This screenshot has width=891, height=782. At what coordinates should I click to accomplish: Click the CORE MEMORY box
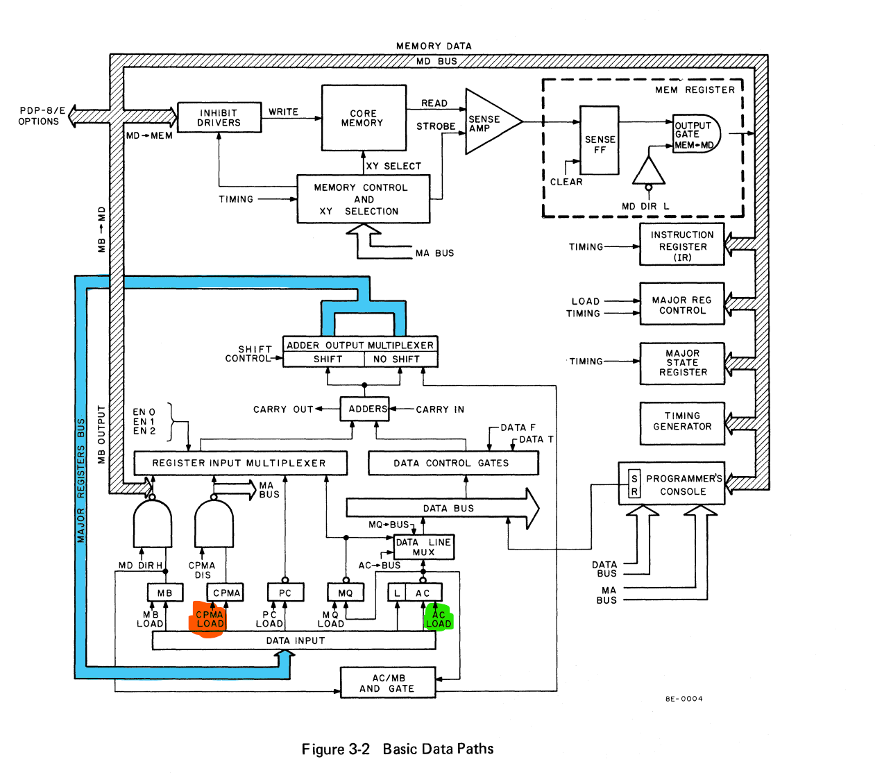(x=363, y=118)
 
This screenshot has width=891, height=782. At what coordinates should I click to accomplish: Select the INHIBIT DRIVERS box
(x=219, y=117)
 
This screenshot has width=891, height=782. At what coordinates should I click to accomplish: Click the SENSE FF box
(x=599, y=140)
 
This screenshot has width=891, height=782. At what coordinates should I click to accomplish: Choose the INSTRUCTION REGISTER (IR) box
(x=681, y=244)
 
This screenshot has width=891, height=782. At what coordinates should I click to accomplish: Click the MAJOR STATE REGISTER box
(x=681, y=364)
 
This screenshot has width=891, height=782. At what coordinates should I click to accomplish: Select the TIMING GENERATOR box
(x=681, y=423)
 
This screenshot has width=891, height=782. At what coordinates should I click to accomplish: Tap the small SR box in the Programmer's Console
(x=634, y=484)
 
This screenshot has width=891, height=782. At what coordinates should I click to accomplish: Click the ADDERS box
(x=364, y=409)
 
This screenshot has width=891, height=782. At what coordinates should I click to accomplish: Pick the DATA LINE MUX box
(x=423, y=547)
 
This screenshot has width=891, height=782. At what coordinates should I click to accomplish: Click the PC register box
(x=285, y=593)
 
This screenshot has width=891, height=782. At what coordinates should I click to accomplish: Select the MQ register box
(x=346, y=593)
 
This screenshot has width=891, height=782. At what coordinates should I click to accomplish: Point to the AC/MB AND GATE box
(x=388, y=683)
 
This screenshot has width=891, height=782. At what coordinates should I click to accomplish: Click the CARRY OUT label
(x=283, y=409)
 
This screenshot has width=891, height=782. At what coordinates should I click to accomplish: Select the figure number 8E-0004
(x=684, y=699)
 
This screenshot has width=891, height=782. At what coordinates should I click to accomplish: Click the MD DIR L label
(x=645, y=206)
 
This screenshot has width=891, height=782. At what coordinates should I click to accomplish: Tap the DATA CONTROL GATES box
(x=453, y=463)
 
